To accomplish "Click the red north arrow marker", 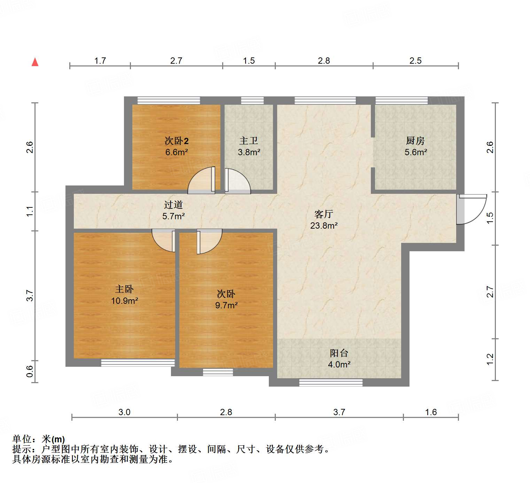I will click(x=35, y=62).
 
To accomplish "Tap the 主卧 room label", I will click(x=124, y=289).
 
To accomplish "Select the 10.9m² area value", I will click(x=124, y=301).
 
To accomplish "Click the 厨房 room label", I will click(x=415, y=141).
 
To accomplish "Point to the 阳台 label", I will click(x=339, y=353).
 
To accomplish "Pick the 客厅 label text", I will click(x=324, y=214).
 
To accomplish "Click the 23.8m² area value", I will click(x=324, y=225).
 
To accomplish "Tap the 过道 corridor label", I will click(x=173, y=205).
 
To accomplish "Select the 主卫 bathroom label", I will click(x=249, y=141).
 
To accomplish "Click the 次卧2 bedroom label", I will click(x=177, y=141).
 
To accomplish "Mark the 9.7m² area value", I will click(x=226, y=305).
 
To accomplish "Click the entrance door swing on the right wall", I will click(x=471, y=209).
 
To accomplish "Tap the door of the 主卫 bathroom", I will click(x=237, y=181).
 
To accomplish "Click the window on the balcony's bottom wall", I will click(x=331, y=383).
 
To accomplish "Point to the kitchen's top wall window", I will click(x=401, y=101).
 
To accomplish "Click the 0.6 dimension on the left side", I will click(x=30, y=371).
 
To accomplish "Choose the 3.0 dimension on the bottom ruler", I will click(x=124, y=412).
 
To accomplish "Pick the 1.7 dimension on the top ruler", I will click(x=100, y=61).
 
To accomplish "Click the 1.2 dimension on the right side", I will click(x=490, y=359).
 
